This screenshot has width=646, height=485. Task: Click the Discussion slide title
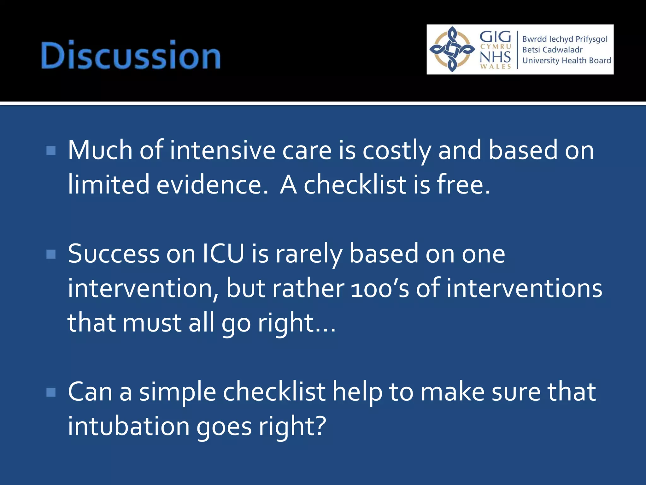point(131,55)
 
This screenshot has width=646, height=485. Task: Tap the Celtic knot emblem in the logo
point(452,49)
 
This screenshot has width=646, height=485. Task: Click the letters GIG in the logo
point(495,37)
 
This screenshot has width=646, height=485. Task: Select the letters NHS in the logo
point(495,57)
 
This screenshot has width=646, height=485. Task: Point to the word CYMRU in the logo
point(496,47)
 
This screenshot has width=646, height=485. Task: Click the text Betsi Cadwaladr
point(552,50)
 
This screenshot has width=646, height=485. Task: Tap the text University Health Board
point(567,60)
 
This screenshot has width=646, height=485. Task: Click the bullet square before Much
point(51,151)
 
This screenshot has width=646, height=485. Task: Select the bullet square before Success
point(51,254)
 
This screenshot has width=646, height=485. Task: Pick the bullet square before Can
point(51,392)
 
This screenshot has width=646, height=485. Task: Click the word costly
point(396,151)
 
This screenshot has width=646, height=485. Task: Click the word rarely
point(308,254)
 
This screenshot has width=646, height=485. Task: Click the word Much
point(100,151)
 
